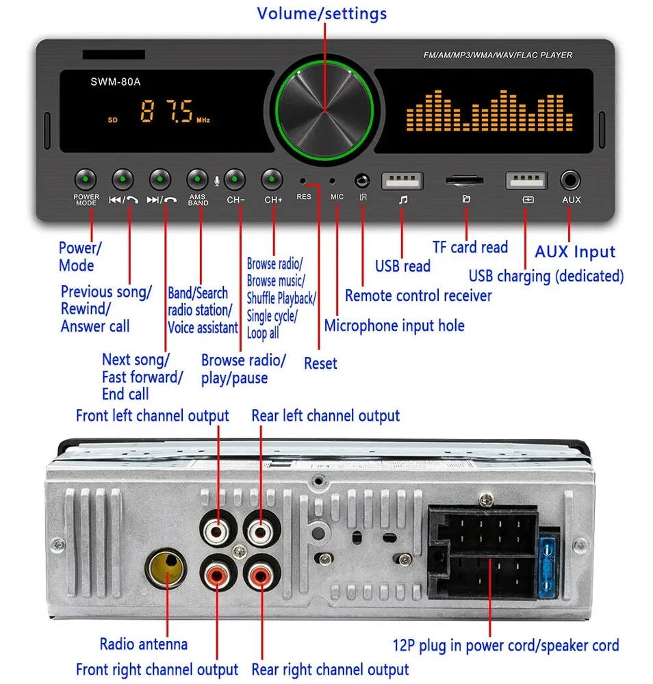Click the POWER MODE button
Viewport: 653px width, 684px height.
86,180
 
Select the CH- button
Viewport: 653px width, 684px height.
235,180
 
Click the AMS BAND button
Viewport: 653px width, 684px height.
198,180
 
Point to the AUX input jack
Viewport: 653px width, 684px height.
570,181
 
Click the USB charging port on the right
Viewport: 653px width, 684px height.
526,181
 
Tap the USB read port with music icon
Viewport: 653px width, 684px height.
402,181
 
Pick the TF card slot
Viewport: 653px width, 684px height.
465,181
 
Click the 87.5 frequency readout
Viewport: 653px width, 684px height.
166,111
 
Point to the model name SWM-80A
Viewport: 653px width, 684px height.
116,82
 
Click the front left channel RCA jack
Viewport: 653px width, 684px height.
218,529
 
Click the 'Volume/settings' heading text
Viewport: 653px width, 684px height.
322,14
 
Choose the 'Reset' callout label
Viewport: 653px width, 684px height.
320,363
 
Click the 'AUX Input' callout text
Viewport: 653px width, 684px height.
575,252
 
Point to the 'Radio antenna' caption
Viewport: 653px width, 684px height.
143,644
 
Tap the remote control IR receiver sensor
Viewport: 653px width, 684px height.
362,181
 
